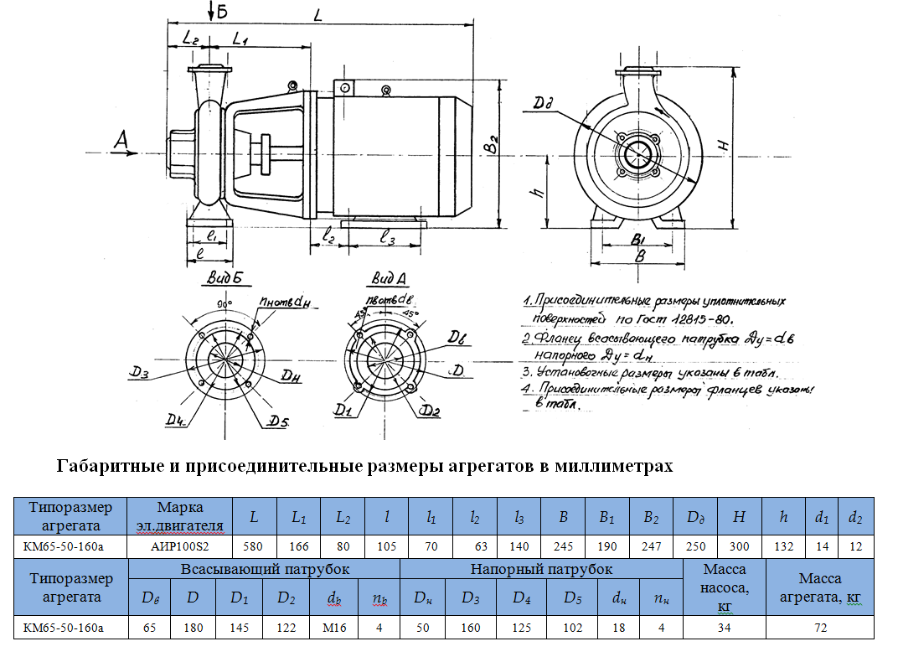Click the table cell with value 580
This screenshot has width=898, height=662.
254,546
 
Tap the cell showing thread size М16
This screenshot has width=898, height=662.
329,628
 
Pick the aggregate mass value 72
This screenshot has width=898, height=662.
820,628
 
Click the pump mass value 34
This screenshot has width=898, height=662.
725,628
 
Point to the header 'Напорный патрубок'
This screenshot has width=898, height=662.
541,570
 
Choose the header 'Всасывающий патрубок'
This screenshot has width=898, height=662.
264,570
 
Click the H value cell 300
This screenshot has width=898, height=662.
739,546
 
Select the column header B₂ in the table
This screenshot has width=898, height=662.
651,517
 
